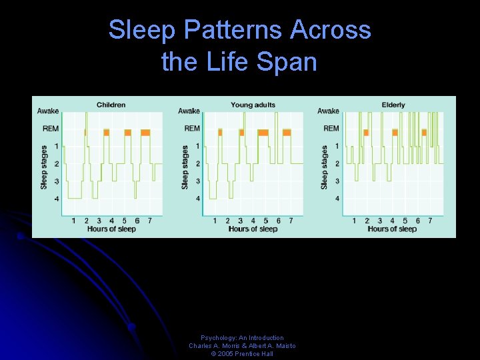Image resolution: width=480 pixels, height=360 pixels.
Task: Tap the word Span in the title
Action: [288, 62]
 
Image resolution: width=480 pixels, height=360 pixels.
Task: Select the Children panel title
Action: [111, 105]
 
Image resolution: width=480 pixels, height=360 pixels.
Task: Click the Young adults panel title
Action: [253, 105]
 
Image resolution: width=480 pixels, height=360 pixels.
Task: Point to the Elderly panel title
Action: [393, 105]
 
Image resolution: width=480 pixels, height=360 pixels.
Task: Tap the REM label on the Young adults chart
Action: [192, 128]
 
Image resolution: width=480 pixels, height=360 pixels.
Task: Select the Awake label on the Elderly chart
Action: [328, 111]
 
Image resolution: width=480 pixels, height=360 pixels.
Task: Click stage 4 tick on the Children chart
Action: [56, 199]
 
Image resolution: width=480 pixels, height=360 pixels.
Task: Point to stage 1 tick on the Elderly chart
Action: [337, 146]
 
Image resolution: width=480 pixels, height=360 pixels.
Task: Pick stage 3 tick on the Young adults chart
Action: [197, 181]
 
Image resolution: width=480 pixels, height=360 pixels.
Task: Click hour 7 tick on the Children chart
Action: [150, 221]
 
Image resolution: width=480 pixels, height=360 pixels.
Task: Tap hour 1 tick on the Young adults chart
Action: [215, 221]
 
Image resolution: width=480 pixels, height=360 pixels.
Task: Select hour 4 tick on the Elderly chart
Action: [393, 221]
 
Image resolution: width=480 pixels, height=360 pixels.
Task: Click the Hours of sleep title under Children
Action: [111, 229]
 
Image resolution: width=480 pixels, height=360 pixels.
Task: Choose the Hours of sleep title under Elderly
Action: [392, 229]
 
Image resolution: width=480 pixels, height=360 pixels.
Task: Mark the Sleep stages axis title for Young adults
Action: [185, 167]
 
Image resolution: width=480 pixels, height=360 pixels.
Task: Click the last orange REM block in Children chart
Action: [145, 133]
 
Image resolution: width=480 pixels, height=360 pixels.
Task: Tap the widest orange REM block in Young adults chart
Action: [263, 133]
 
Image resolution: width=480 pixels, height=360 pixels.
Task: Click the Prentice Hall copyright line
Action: [242, 354]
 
